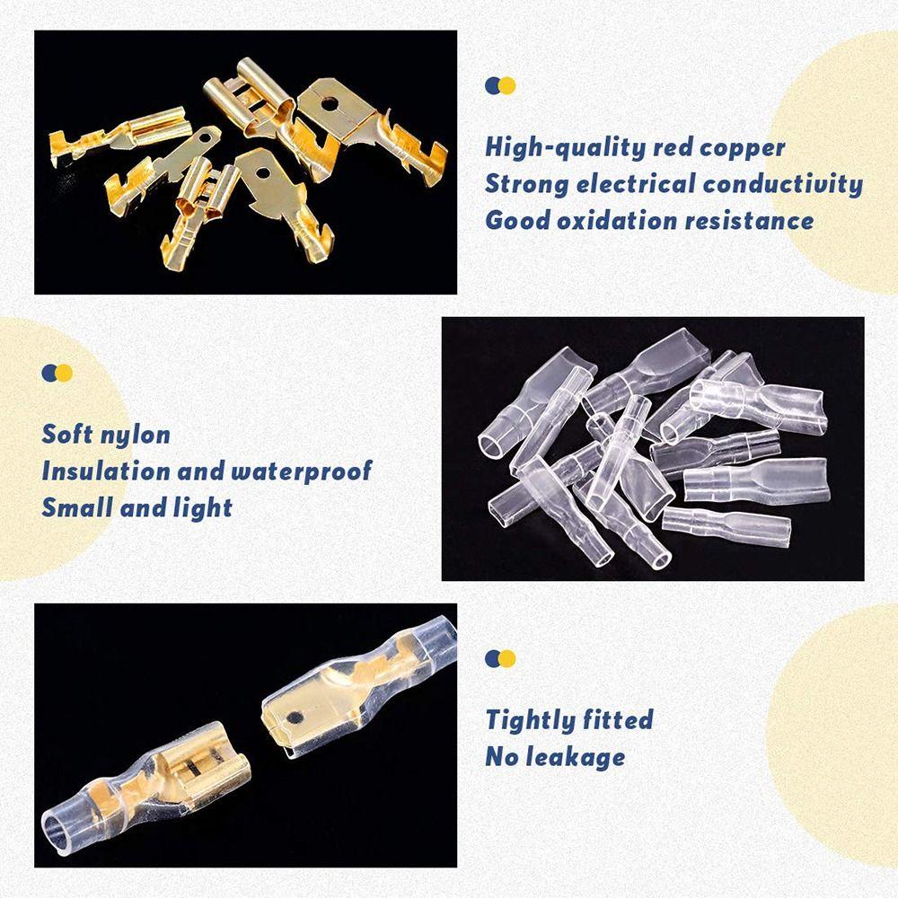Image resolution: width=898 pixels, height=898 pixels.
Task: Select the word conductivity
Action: coord(782,184)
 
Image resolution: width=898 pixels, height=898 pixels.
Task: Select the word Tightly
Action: coord(528,720)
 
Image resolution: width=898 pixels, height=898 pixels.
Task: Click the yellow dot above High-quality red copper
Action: coord(507,85)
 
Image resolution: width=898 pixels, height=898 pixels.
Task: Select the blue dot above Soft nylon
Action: coord(50,373)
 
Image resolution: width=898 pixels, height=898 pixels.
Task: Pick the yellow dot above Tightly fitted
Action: coord(507,658)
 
